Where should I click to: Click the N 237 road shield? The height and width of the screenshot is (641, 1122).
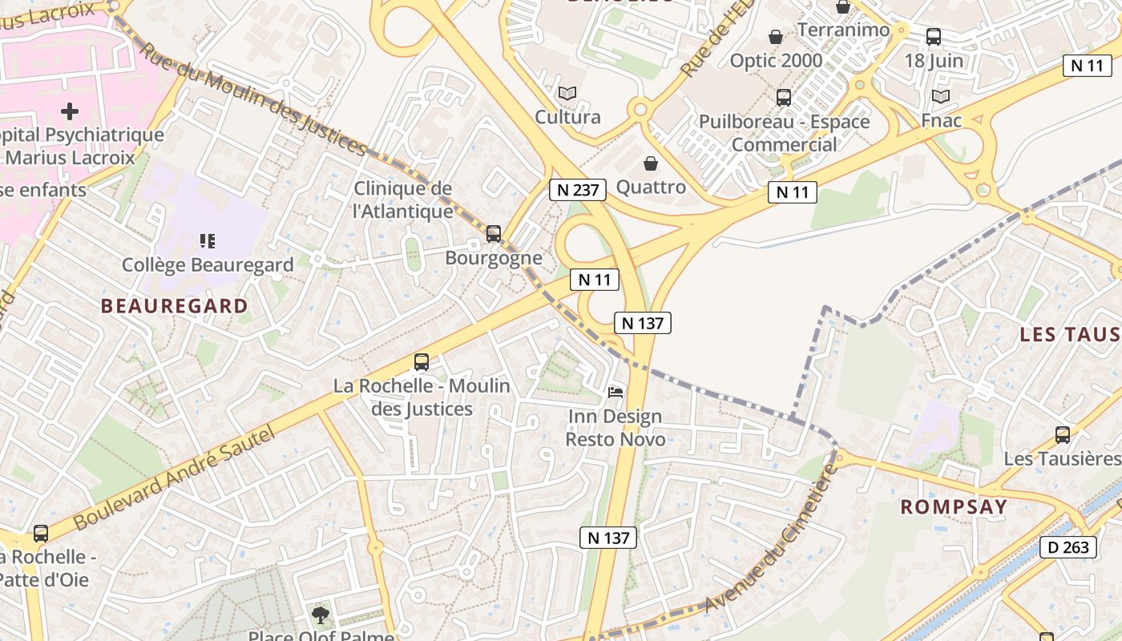point(577,190)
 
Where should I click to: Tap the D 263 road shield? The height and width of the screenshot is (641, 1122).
point(1068,547)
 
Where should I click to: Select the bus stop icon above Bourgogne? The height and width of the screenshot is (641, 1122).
point(494,234)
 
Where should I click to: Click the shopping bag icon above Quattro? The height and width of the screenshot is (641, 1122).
point(651,163)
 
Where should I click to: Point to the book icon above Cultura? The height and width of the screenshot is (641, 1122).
point(567,93)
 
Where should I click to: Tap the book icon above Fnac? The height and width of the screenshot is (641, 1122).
point(941,96)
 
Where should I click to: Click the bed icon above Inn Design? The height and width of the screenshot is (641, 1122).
point(615,392)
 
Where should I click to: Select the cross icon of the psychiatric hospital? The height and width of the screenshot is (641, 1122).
point(71,111)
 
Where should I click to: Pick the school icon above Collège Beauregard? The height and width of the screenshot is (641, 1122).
point(208,240)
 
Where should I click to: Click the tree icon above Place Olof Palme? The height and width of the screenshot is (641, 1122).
point(321,615)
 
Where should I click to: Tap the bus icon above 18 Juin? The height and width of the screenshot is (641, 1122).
point(934,36)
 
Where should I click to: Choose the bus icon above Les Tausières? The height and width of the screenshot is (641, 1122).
point(1063,435)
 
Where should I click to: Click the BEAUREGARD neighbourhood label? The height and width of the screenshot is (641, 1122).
point(174,305)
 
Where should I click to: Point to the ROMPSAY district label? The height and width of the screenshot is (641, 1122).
point(953,506)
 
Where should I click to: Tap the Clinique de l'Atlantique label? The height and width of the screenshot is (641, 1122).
point(403,200)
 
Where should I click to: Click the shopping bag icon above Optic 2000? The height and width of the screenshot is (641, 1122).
point(776,37)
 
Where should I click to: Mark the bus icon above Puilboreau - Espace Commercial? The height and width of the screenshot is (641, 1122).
point(784,98)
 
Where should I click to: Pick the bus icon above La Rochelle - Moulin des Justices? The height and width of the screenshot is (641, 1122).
point(422,362)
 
